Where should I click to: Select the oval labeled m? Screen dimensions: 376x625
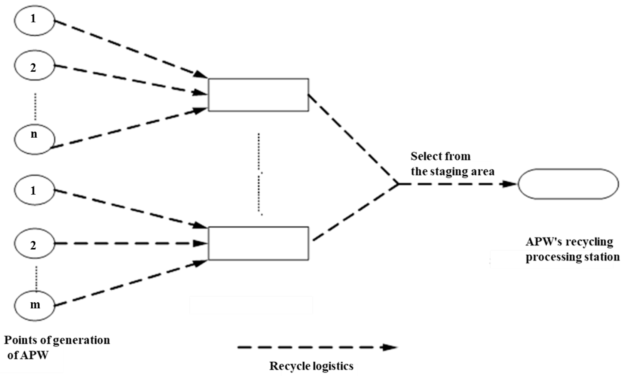point(34,305)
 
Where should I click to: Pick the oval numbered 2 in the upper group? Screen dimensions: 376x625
point(34,65)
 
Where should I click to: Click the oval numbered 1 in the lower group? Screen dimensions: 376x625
point(34,190)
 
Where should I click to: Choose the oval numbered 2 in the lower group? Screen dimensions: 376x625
point(34,243)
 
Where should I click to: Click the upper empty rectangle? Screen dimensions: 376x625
point(258,95)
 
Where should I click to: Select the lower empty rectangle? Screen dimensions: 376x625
point(258,243)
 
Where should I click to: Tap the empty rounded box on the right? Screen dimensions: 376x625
point(568,184)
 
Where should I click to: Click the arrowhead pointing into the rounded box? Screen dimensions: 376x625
point(509,184)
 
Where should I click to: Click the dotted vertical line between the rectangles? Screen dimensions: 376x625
point(259,175)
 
